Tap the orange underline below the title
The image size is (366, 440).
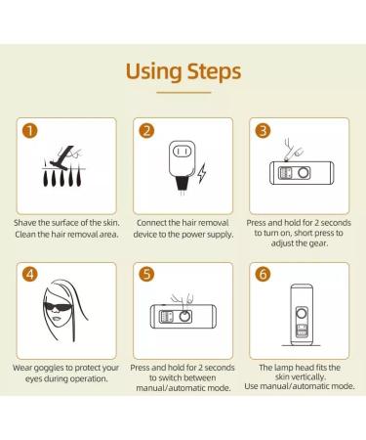pos(183,93)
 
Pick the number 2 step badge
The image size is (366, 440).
pos(147,132)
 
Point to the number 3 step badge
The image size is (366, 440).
pos(264,132)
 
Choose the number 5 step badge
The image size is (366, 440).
pos(147,275)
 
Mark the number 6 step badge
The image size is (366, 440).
pos(264,275)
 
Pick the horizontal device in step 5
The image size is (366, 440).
pos(182,318)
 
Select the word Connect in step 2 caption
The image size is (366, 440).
pos(155,223)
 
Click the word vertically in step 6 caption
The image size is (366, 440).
pos(323,368)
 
